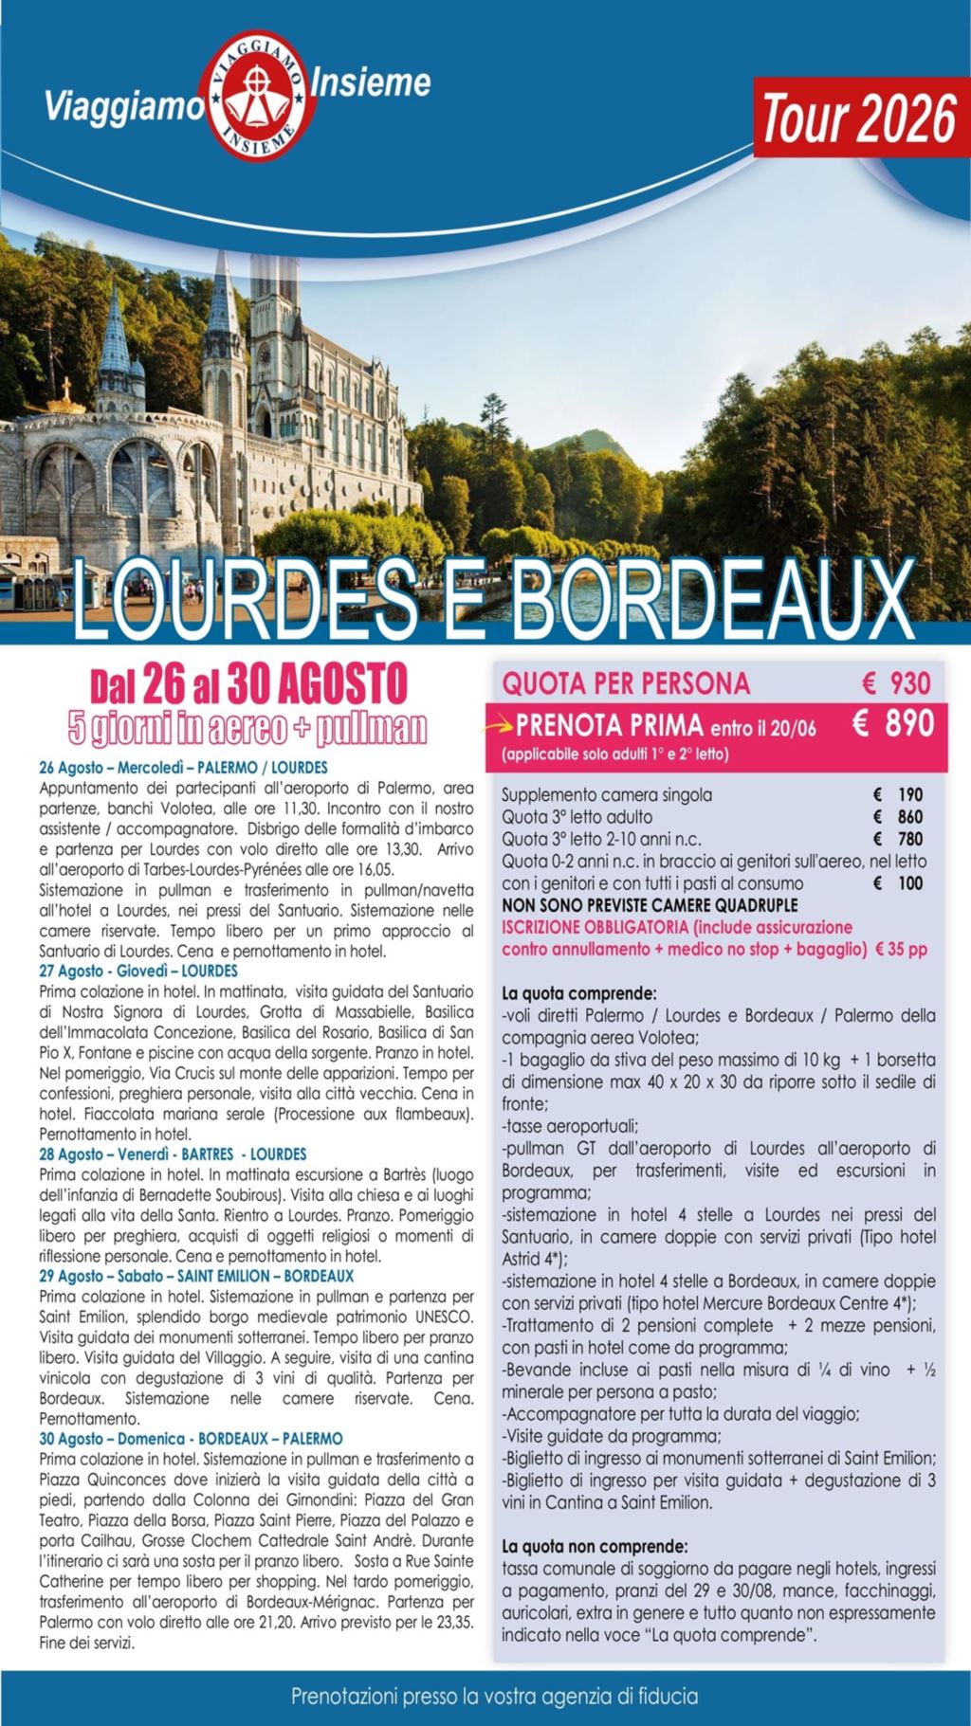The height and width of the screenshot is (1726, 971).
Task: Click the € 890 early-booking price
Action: tap(892, 724)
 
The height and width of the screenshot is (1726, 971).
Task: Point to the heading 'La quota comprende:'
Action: tap(578, 994)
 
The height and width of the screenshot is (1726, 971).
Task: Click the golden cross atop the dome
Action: tap(66, 390)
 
